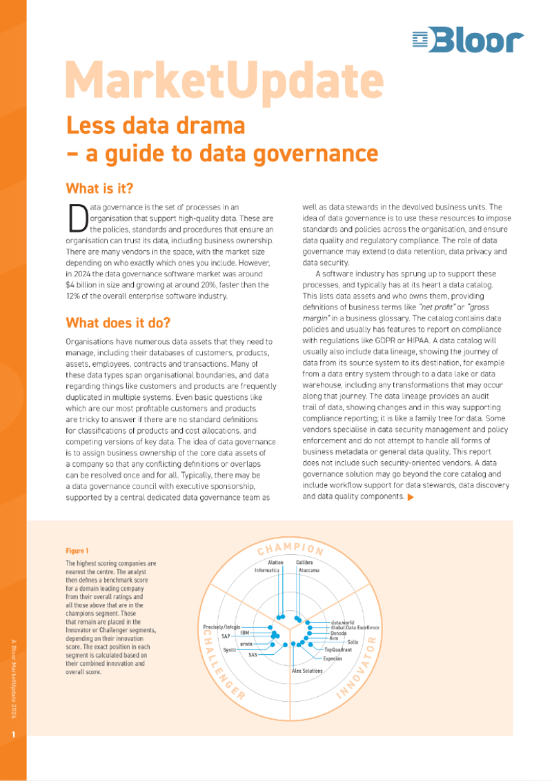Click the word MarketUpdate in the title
coord(224,80)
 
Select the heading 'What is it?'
coord(99,188)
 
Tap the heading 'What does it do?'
coord(118,323)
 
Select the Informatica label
coord(267,570)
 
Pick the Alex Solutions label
coord(307,671)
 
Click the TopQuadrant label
coord(338,649)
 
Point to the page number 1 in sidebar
coord(13,736)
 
